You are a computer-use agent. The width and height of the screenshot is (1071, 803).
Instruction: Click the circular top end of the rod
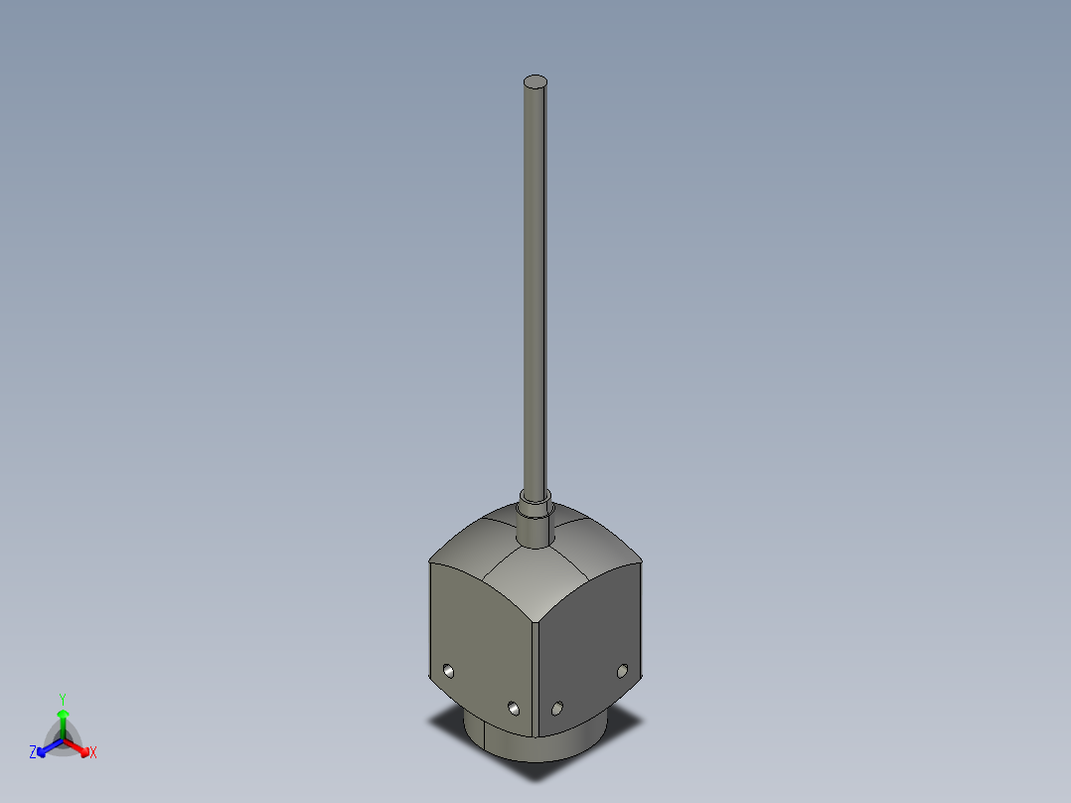(535, 81)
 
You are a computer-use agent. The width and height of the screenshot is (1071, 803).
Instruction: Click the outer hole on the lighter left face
(448, 671)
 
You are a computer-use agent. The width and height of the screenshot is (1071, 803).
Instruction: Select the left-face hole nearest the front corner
(513, 708)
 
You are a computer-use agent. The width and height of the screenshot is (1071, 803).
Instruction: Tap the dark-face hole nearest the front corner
(557, 708)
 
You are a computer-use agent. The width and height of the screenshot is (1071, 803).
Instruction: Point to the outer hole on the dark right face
(623, 671)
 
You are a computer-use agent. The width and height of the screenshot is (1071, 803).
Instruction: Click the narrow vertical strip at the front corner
(534, 676)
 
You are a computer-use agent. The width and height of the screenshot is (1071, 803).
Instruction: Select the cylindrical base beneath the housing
(536, 745)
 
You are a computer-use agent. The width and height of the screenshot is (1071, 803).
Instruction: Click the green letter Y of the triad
(63, 699)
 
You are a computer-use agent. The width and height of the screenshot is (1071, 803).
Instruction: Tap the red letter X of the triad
(93, 753)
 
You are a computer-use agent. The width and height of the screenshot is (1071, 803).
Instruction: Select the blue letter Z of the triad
(33, 752)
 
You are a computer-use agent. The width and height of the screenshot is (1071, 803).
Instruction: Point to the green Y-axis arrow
(63, 722)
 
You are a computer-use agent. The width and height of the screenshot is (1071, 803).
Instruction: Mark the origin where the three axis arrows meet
(63, 739)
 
